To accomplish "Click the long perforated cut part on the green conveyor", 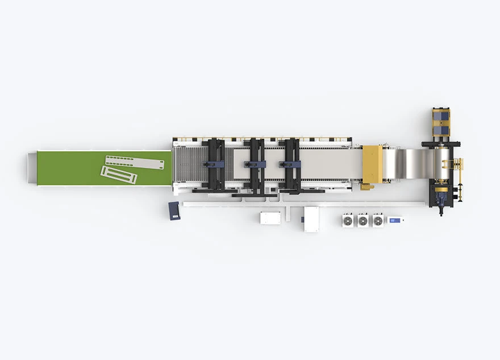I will (x=135, y=162).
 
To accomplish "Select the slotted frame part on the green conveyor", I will (x=119, y=175).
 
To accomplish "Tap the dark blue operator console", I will (x=174, y=210).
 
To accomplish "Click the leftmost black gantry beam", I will (x=214, y=164).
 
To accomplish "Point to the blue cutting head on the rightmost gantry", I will (x=290, y=164).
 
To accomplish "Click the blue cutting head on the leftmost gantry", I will (x=215, y=164).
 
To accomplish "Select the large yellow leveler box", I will (x=373, y=164).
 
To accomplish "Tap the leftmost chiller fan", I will (x=348, y=220).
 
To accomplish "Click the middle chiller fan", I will (x=363, y=220).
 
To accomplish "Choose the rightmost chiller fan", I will (x=378, y=220).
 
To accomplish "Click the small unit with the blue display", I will (x=395, y=220).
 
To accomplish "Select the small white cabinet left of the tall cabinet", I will (x=270, y=218).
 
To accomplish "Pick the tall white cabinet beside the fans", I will (x=311, y=219).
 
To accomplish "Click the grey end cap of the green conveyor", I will (x=32, y=168).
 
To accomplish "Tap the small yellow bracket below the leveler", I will (x=367, y=186).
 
